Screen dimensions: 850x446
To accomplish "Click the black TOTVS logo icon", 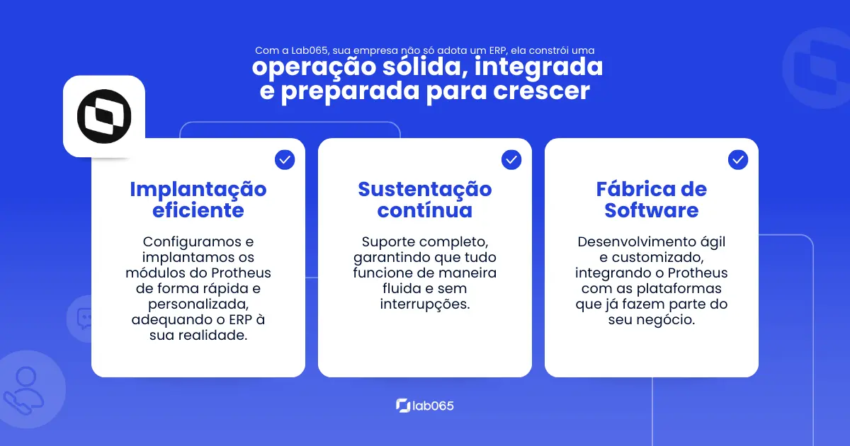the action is [x=104, y=116].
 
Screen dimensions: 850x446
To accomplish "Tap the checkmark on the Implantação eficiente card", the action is [x=285, y=160].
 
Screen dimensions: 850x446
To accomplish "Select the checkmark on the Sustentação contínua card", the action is [x=511, y=160].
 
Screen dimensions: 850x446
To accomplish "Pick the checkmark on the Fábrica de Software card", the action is [x=737, y=160].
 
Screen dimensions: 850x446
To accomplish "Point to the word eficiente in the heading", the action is [x=198, y=210].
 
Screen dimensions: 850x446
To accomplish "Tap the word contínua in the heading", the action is [x=424, y=210].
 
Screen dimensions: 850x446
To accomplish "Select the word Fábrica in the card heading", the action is [x=630, y=189].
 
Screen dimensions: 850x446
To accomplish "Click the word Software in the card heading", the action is [x=651, y=210].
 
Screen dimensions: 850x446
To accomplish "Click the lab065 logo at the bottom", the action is [x=424, y=406].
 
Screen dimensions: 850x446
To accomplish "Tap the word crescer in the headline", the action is [x=541, y=91].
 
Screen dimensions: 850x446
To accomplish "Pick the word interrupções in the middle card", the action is [x=424, y=304].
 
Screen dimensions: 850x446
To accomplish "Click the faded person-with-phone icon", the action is [x=23, y=391].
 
